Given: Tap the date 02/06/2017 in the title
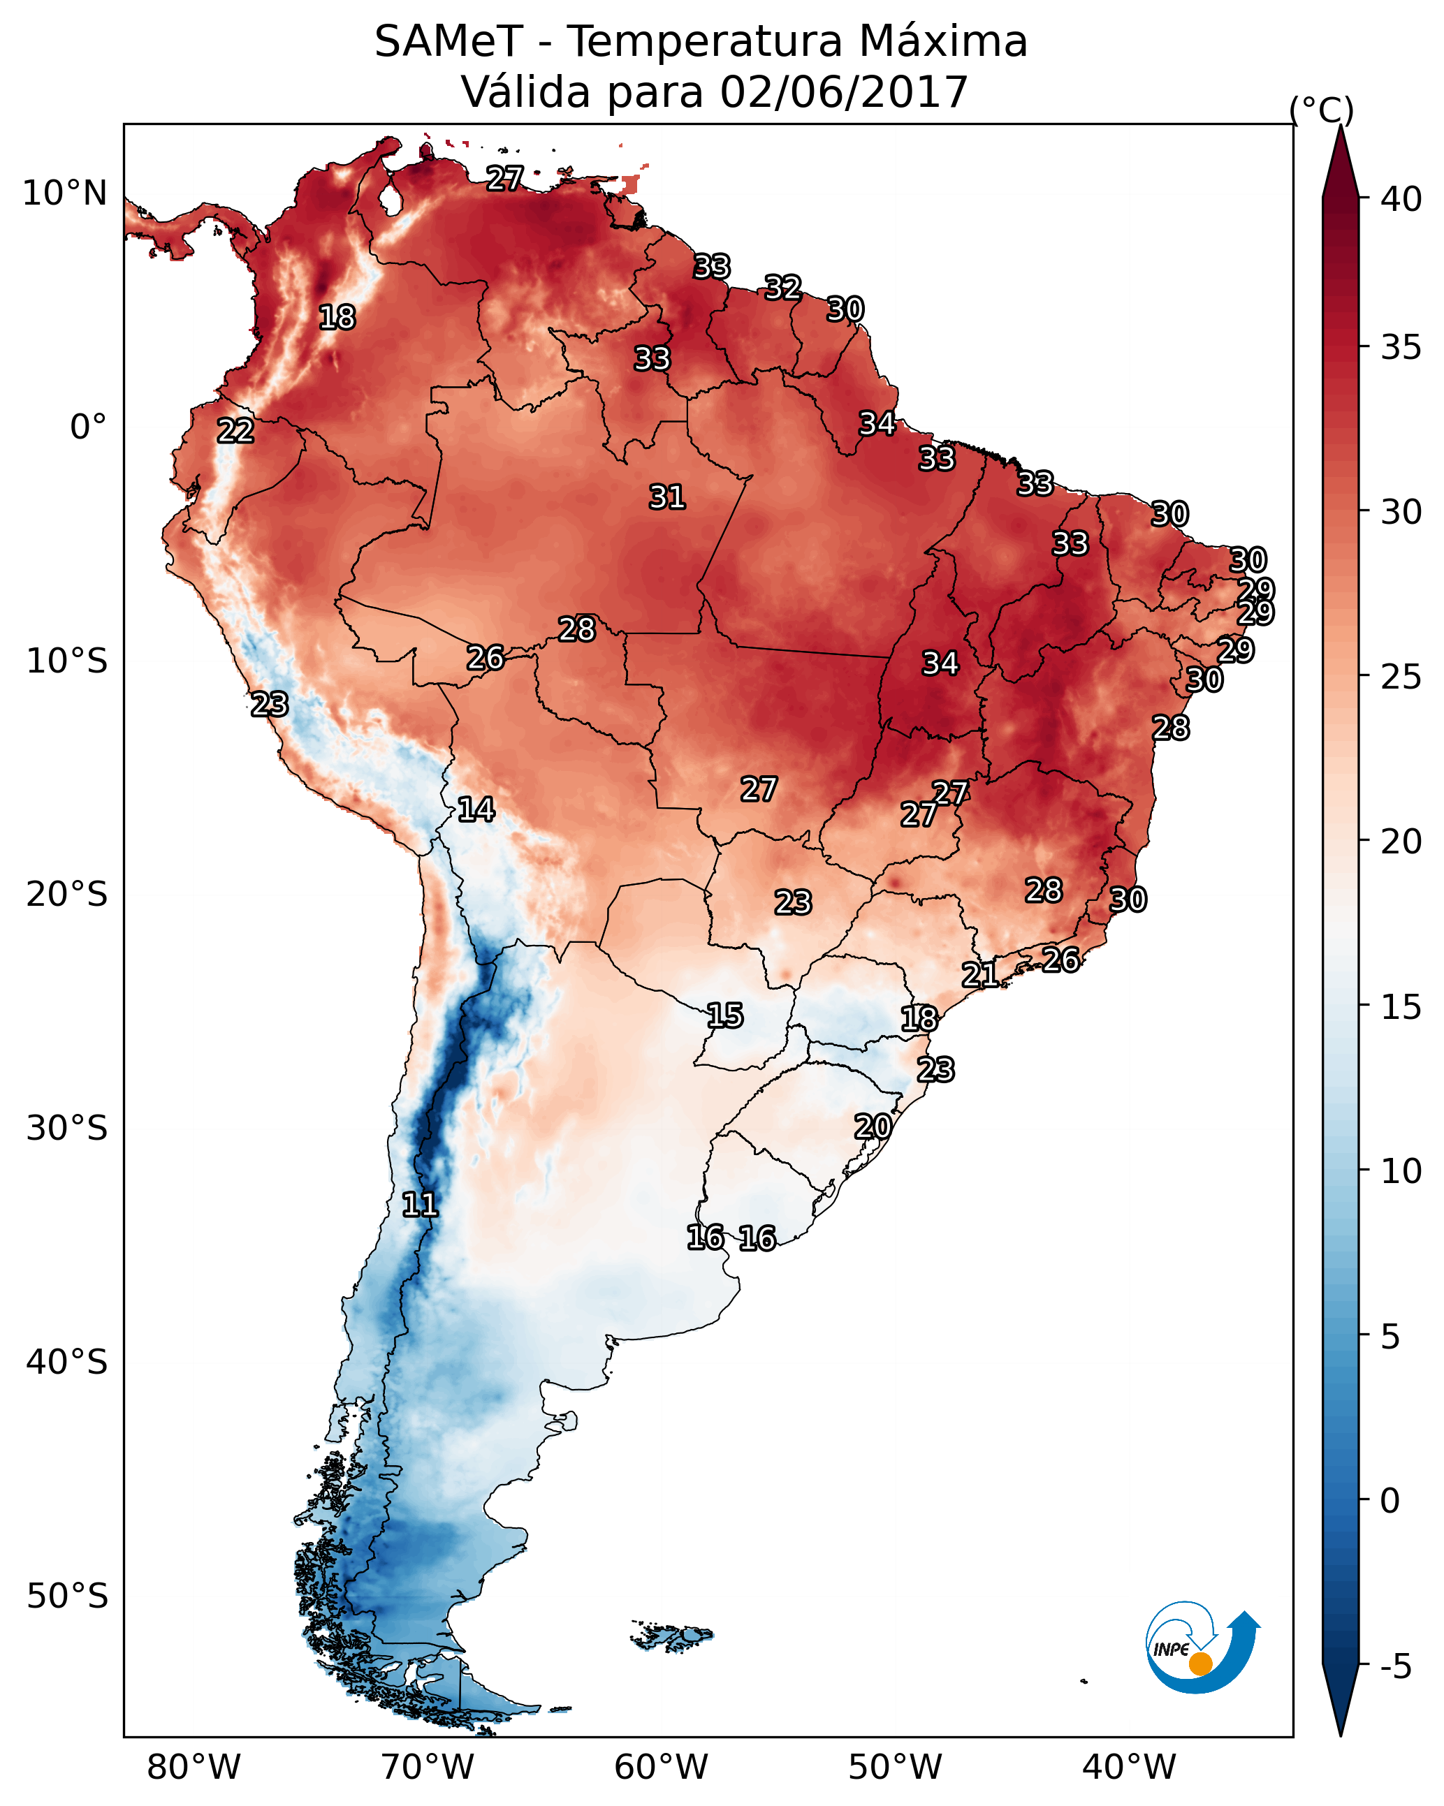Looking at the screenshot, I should click(x=843, y=92).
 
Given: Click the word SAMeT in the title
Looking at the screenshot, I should click(x=448, y=42).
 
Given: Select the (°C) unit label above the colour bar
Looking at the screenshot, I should click(x=1321, y=110).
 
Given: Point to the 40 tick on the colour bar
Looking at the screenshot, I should click(x=1401, y=199).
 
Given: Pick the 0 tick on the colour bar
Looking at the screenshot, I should click(x=1390, y=1500).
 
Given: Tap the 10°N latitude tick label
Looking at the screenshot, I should click(x=64, y=193).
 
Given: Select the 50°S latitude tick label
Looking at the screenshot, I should click(x=67, y=1596).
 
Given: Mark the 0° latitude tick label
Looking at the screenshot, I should click(x=88, y=427).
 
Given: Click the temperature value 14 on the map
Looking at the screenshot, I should click(x=476, y=809).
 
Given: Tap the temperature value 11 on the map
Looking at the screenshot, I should click(x=420, y=1205).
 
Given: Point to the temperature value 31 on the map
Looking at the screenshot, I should click(x=667, y=497).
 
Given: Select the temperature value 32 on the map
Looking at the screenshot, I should click(x=782, y=287).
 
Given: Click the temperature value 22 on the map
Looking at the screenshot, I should click(x=235, y=431).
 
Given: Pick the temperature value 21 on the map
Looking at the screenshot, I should click(x=979, y=974).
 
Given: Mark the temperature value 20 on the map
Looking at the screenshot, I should click(x=873, y=1126).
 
